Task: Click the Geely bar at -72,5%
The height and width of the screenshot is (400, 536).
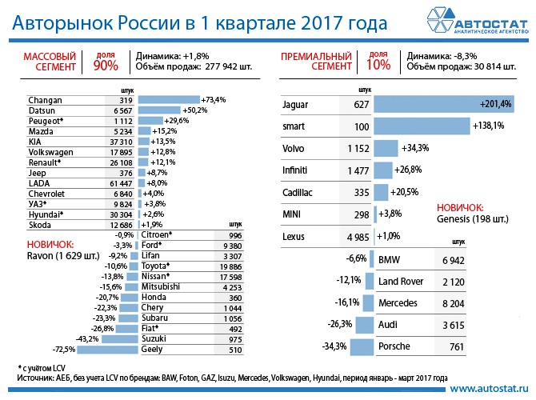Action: pyautogui.click(x=108, y=350)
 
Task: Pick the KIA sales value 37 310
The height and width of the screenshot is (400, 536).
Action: pyautogui.click(x=120, y=142)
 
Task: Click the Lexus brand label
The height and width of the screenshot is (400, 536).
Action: pyautogui.click(x=294, y=236)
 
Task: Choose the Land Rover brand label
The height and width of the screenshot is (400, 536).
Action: pyautogui.click(x=399, y=282)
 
